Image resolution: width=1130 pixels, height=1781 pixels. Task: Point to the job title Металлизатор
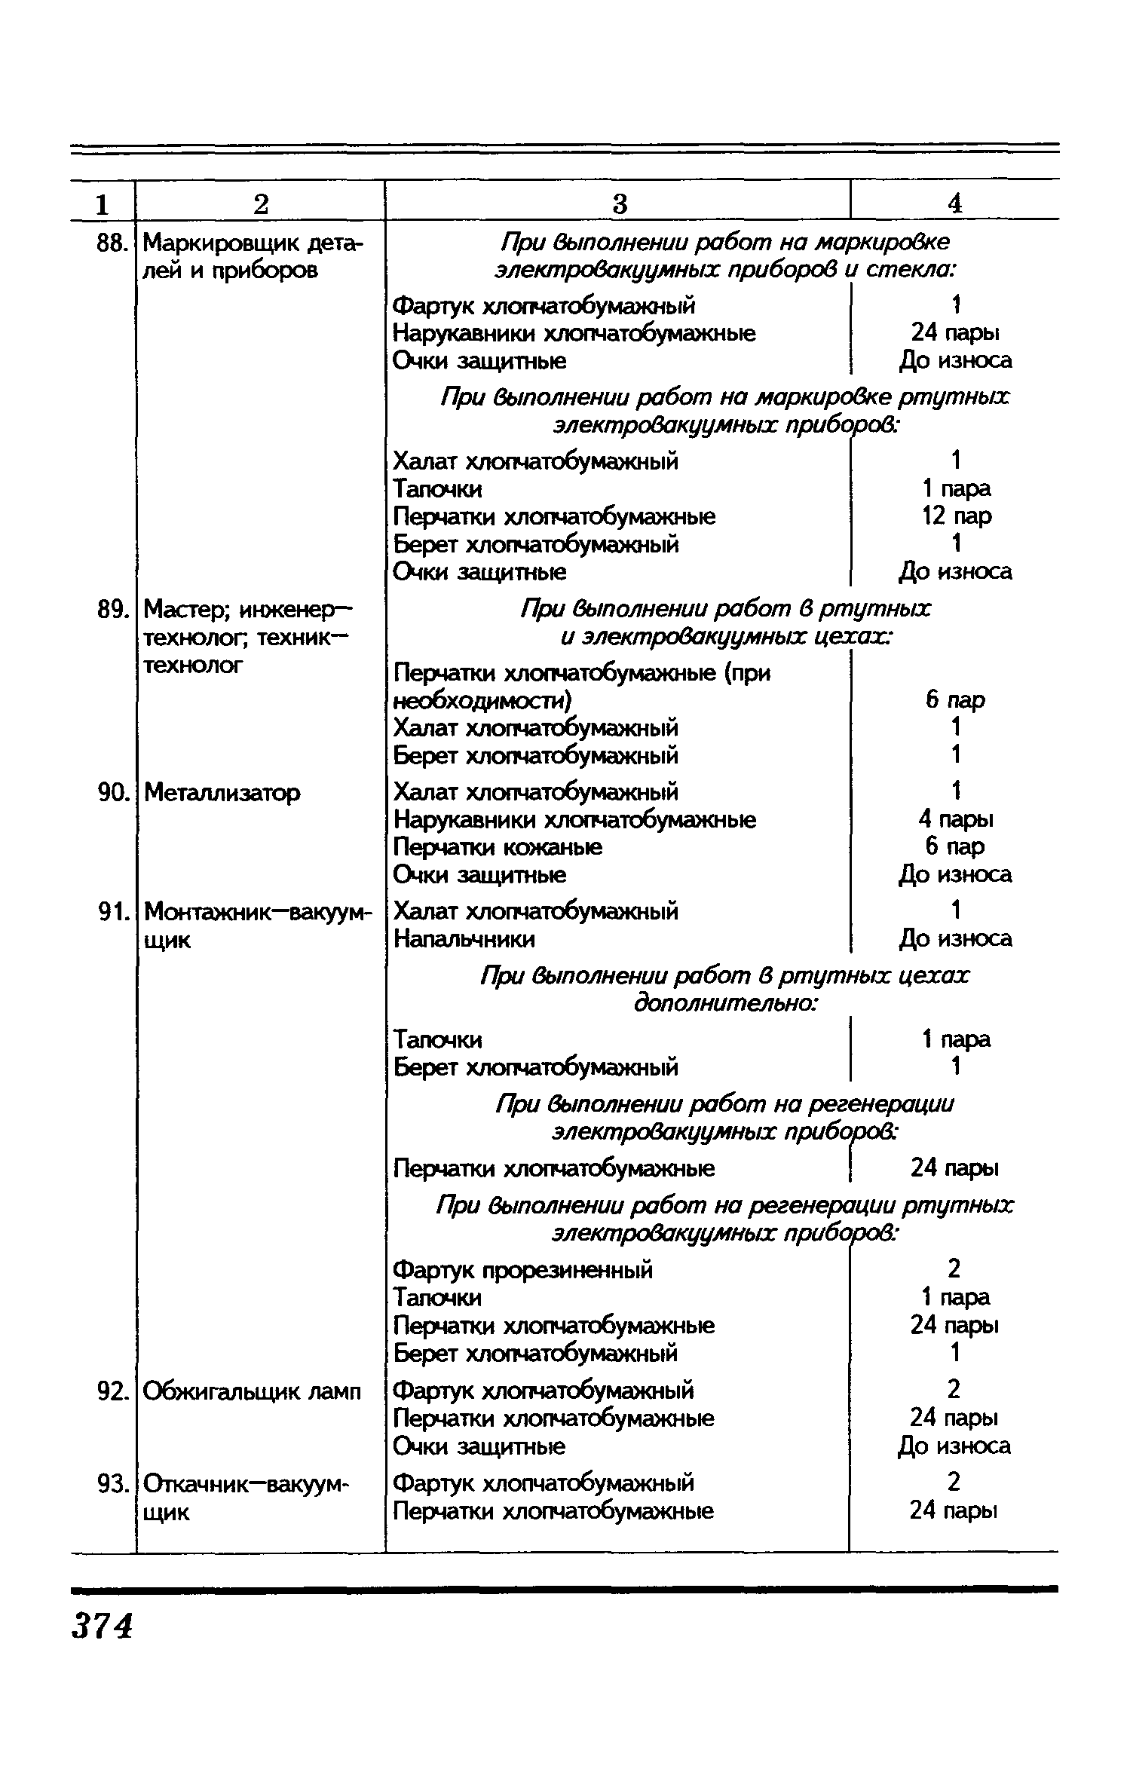pyautogui.click(x=222, y=792)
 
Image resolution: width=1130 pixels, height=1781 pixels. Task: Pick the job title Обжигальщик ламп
pyautogui.click(x=253, y=1391)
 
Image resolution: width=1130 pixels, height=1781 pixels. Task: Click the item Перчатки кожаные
pyautogui.click(x=498, y=847)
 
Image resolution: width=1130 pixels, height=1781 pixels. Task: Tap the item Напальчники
pyautogui.click(x=464, y=939)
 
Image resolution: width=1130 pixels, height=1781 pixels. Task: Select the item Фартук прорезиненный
pyautogui.click(x=523, y=1270)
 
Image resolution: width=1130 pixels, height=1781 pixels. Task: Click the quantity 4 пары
pyautogui.click(x=955, y=819)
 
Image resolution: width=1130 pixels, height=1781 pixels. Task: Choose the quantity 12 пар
pyautogui.click(x=955, y=516)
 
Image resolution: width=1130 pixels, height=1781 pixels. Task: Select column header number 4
pyautogui.click(x=954, y=203)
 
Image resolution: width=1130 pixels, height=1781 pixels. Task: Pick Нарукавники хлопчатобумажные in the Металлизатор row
pyautogui.click(x=575, y=819)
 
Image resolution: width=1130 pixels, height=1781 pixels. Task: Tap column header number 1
pyautogui.click(x=102, y=203)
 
